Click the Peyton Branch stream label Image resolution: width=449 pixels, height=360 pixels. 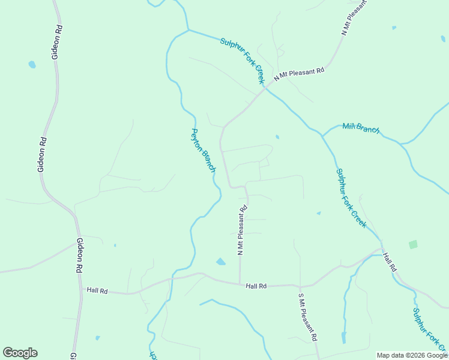(203, 151)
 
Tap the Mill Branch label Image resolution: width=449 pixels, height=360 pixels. (361, 128)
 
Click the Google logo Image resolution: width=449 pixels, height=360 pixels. (20, 353)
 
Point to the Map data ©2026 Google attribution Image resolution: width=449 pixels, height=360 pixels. (412, 355)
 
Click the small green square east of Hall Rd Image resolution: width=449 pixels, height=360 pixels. (413, 244)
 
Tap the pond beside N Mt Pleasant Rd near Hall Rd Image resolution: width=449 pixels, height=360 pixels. (221, 262)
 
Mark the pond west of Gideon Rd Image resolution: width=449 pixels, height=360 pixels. (32, 64)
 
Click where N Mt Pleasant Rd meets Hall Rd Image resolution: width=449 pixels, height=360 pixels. (240, 284)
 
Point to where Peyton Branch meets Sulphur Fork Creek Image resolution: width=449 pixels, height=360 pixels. (188, 30)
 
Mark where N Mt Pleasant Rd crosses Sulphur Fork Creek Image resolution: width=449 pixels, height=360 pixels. (265, 88)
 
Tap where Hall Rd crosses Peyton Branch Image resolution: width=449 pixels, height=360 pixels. (172, 278)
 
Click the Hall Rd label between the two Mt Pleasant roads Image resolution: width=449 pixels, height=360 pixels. (256, 286)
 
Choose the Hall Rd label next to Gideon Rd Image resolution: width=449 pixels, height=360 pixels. (97, 290)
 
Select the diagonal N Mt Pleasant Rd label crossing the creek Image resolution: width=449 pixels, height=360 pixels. (299, 74)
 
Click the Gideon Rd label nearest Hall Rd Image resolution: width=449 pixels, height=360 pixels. (79, 256)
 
